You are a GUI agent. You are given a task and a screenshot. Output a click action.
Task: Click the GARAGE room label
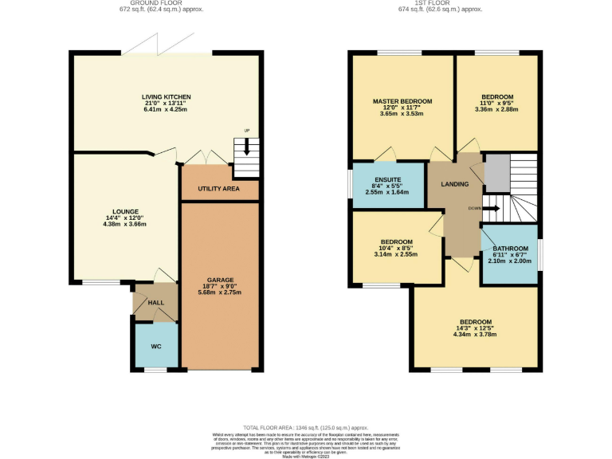coord(221,280)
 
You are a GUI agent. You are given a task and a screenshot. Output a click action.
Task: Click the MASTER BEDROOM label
coord(402,101)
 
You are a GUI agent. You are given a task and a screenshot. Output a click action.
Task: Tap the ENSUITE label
coord(388,179)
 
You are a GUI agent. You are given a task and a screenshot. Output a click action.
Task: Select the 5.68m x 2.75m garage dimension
coord(221,292)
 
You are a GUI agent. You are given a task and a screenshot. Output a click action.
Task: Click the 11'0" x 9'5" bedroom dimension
coord(496,103)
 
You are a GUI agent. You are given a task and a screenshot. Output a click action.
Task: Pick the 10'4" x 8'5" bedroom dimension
coord(396,248)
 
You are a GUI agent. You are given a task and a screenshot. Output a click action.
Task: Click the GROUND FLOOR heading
coord(165,4)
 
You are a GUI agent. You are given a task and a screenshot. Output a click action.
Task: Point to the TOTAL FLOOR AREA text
coord(273,427)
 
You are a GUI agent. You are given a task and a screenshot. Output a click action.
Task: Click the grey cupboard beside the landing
coord(496,173)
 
